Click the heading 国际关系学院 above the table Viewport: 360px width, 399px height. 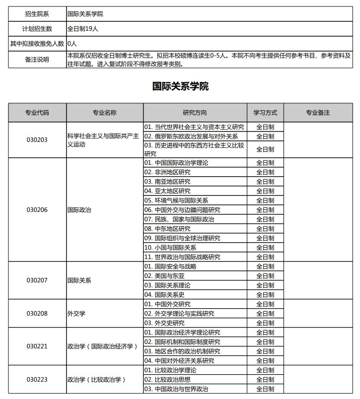tap(180, 86)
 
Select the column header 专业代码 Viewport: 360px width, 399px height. tap(37, 113)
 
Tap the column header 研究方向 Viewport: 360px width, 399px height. tap(195, 113)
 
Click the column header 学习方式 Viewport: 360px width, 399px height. tap(265, 113)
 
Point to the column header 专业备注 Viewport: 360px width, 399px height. tap(318, 113)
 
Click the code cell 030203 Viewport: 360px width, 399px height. tap(37, 140)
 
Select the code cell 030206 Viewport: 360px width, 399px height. tap(37, 210)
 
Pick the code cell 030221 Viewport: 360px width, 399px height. tap(37, 346)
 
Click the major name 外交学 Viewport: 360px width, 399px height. tap(76, 314)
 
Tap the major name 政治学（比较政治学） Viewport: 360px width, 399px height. tap(96, 380)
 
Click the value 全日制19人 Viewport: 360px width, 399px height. tap(83, 29)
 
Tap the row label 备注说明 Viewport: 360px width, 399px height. tap(37, 60)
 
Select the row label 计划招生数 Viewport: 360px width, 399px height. tap(37, 29)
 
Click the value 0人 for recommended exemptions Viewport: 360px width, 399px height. tap(72, 44)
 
